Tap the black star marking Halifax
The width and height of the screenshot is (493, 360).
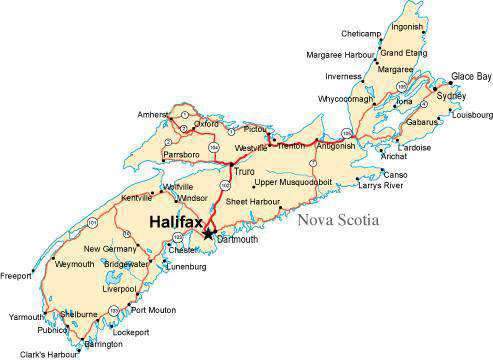[209, 234]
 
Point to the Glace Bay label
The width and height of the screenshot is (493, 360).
[471, 76]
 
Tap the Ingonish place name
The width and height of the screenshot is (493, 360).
[408, 27]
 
